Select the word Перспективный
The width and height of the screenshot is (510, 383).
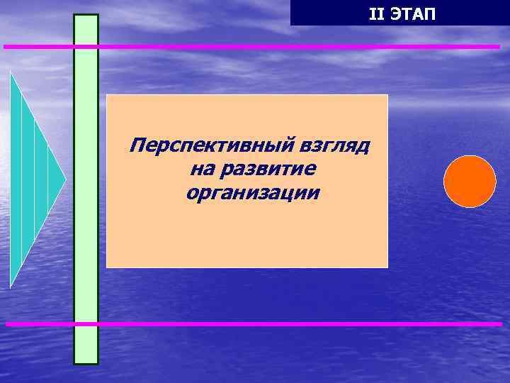[210, 147]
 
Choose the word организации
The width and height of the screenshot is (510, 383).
[253, 192]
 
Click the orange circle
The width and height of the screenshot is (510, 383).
[470, 182]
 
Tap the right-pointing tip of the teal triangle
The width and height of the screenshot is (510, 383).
[65, 179]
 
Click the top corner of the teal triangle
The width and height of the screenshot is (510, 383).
[11, 72]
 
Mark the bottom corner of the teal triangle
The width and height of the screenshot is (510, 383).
[11, 286]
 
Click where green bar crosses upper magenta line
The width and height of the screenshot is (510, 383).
[86, 47]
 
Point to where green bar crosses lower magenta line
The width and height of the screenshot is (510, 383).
[86, 324]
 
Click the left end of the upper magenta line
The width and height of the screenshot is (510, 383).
[5, 47]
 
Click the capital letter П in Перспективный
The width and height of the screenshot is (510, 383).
[137, 147]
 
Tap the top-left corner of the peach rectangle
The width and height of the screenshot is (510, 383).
[107, 95]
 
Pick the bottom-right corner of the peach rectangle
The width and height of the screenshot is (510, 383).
[387, 267]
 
